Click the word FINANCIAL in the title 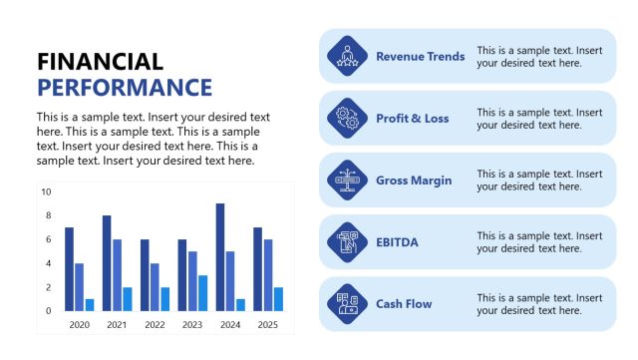point(100,62)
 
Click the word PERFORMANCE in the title point(125,87)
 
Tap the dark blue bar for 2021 point(107,263)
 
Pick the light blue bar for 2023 point(202,293)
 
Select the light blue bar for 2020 point(90,304)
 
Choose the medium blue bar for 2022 point(155,287)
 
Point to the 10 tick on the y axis point(46,191)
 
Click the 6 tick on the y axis point(47,239)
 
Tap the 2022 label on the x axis point(154,325)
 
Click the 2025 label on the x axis point(267,325)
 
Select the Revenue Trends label point(420,56)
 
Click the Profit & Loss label point(412,118)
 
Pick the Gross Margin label point(414,180)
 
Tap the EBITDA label point(397,241)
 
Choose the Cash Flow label point(404,303)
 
